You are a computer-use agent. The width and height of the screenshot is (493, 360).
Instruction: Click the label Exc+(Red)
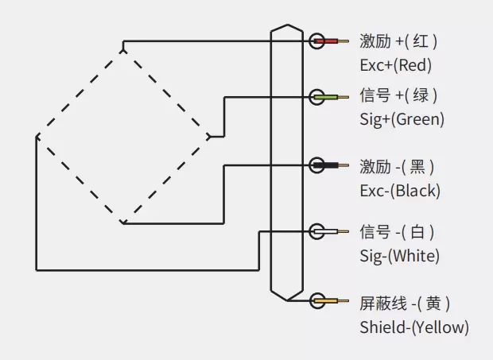point(396,64)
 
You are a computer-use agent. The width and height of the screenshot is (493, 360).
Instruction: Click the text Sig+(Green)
point(402,120)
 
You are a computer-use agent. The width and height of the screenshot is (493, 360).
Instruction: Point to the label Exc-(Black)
point(399,191)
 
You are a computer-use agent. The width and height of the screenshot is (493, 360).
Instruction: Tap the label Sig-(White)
point(399,256)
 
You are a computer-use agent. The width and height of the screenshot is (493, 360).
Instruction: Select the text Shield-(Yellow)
point(413,327)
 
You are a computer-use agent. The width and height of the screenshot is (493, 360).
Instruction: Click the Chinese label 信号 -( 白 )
point(397,232)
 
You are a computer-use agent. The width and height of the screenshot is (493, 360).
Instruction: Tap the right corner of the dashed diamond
point(210,136)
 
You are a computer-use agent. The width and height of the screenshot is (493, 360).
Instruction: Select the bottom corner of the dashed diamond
point(122,223)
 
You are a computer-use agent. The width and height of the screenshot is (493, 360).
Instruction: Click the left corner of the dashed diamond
point(37,137)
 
